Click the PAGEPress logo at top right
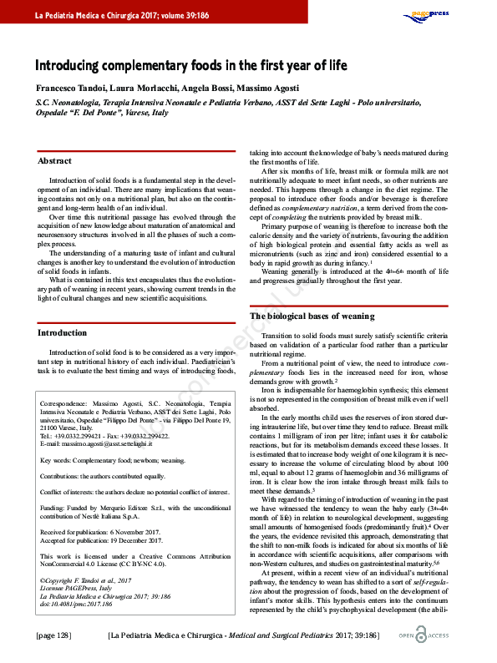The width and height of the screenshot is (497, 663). (427, 14)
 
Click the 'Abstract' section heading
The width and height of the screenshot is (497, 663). (55, 160)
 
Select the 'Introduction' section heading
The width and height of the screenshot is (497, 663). (63, 332)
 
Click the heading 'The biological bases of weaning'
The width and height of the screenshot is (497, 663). (312, 316)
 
